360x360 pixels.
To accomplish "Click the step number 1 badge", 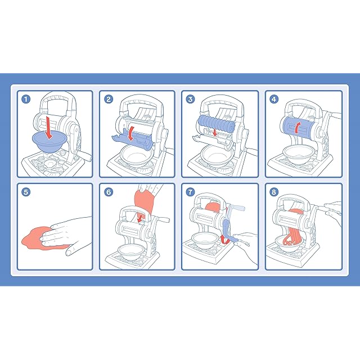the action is coord(26,99).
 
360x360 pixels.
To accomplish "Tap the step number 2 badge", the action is coord(109,99).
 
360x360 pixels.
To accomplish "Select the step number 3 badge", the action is coord(190,99).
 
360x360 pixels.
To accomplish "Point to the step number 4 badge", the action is coord(274,99).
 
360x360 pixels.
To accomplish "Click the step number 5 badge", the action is coord(26,192).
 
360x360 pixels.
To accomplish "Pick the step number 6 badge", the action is coord(109,192).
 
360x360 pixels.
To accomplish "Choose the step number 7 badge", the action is coord(190,192).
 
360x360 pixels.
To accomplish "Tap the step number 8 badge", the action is coord(274,192).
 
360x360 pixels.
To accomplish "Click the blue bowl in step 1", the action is coord(49,142).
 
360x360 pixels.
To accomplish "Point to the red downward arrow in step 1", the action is coord(48,128).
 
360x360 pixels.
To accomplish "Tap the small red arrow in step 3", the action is coord(215,133).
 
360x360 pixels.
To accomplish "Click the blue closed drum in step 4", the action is coord(298,127).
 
